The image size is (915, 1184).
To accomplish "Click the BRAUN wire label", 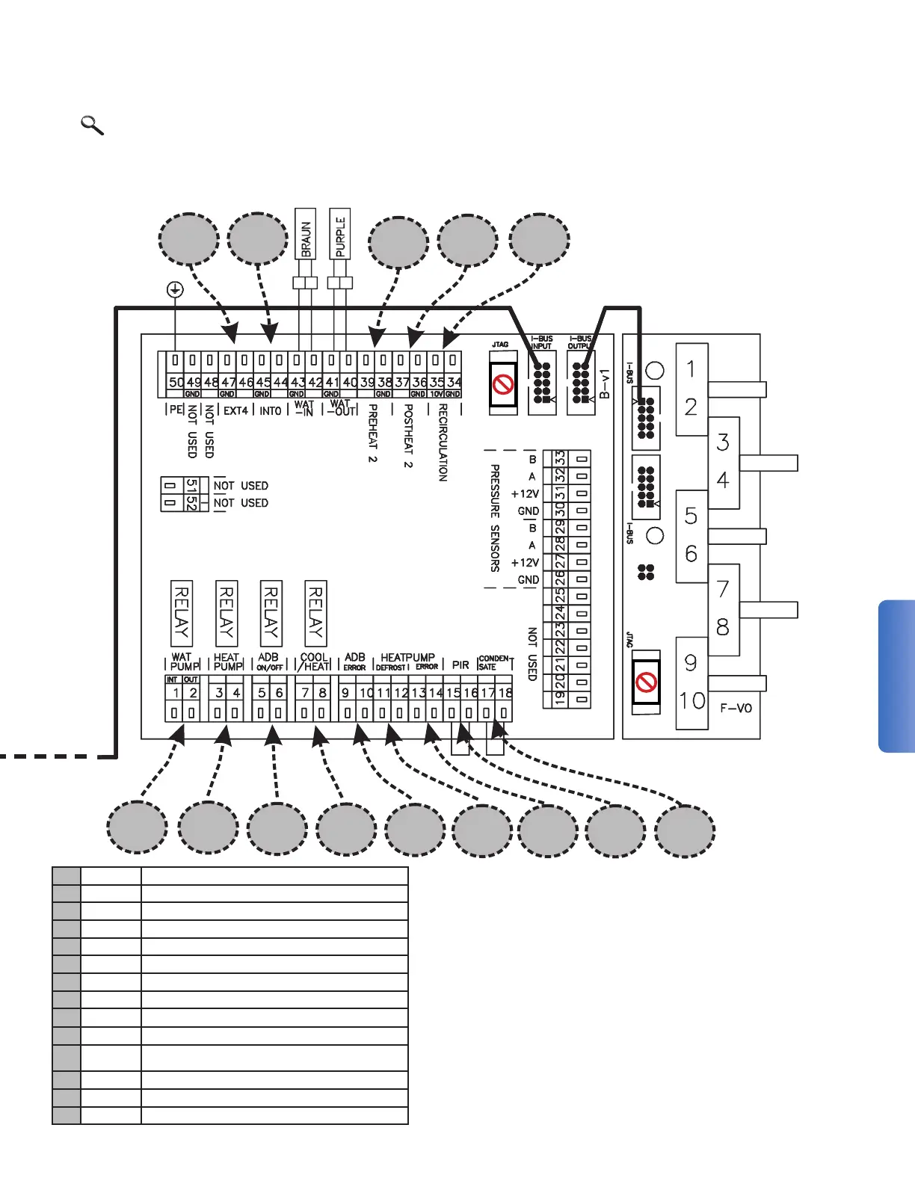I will click(x=306, y=234).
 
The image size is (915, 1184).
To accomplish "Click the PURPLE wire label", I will click(x=340, y=234).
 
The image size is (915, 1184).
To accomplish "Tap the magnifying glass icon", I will click(x=92, y=125).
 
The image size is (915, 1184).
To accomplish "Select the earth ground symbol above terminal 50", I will click(x=175, y=289).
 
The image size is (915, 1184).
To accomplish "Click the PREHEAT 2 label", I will click(x=372, y=434).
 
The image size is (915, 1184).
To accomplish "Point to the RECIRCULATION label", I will click(x=443, y=443).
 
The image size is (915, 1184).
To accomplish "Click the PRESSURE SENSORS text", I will click(x=495, y=518).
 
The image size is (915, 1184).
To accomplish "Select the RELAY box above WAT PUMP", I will click(x=182, y=613).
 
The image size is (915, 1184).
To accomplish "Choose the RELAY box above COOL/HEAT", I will click(x=315, y=613).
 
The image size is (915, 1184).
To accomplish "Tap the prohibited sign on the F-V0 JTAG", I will click(x=646, y=682).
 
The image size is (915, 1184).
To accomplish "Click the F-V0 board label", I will click(x=736, y=708).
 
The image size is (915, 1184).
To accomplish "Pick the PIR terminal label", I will click(x=460, y=665).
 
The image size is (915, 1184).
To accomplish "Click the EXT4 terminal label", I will click(x=235, y=410).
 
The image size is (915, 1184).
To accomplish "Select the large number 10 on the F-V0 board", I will click(x=692, y=701).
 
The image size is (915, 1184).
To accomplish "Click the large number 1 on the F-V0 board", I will click(x=691, y=369).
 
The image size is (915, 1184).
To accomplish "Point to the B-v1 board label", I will click(x=605, y=383).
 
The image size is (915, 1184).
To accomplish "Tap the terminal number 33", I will click(x=560, y=458).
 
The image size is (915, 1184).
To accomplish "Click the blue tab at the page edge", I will click(x=897, y=676).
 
